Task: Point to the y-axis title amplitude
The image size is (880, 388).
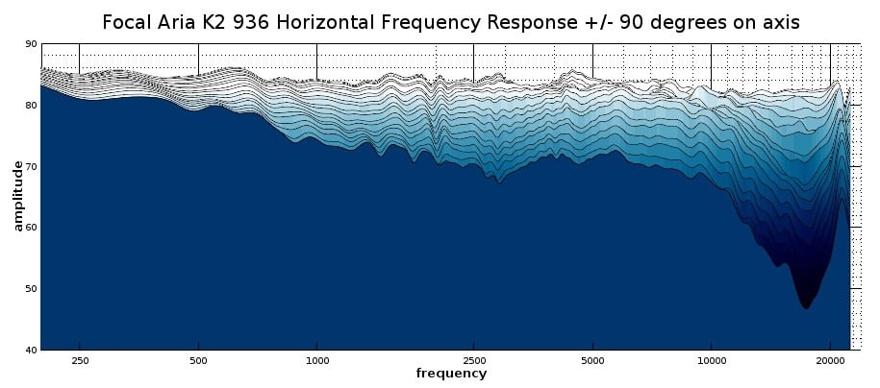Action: (x=17, y=196)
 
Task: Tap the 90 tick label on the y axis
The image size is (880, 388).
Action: (x=32, y=44)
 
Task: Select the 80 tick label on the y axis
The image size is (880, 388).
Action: (x=32, y=105)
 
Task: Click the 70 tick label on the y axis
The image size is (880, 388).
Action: (x=32, y=166)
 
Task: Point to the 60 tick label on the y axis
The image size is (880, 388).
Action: (x=32, y=227)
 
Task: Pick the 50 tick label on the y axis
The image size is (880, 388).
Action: (x=32, y=288)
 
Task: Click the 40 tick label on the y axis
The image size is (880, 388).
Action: (x=32, y=349)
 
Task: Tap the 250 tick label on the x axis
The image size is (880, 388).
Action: (x=79, y=360)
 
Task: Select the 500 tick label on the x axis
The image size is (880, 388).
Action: (x=198, y=360)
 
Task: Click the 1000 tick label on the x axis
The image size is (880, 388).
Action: (x=317, y=360)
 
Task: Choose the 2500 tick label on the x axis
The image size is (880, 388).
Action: (x=473, y=360)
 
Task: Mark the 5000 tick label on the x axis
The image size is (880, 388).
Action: (x=592, y=360)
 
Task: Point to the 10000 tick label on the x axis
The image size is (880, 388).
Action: (x=711, y=360)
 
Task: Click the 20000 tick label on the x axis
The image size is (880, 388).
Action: (x=830, y=360)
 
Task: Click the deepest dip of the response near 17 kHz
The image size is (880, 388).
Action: (x=805, y=306)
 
